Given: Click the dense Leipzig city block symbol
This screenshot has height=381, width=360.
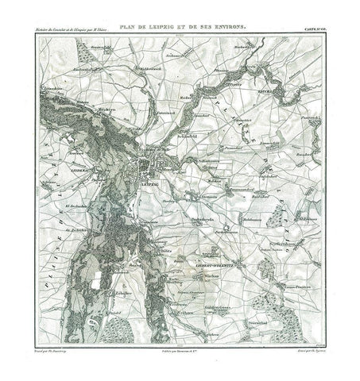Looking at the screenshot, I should coord(149,169).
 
